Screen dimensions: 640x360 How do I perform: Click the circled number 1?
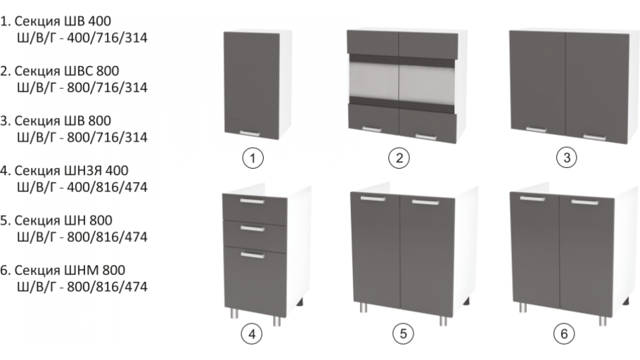252,158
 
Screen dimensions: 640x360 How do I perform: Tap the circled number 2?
399,158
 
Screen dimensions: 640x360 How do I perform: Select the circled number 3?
567,157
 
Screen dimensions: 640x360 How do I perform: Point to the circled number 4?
252,334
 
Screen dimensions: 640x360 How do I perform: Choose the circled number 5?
403,333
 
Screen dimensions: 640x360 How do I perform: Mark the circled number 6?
564,333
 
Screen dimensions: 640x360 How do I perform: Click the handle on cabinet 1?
250,133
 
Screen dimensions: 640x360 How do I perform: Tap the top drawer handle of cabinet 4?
252,201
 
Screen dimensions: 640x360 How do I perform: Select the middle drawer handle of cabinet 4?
252,228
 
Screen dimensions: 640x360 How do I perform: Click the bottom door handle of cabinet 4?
252,255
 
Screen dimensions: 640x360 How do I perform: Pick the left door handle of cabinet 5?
373,199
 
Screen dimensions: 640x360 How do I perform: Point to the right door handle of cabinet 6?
584,202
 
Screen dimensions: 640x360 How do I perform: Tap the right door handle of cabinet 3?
594,137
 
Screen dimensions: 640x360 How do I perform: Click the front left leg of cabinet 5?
363,307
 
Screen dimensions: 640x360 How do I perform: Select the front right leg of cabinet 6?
602,321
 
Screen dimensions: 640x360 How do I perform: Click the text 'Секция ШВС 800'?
67,71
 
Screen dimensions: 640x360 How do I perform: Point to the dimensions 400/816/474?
107,187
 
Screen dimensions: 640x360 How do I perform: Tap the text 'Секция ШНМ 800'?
70,270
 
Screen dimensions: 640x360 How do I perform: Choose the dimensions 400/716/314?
107,38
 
